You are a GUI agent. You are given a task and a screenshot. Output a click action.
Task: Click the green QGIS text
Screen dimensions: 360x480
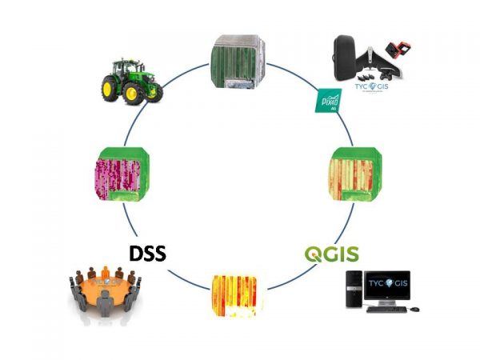tap(330, 255)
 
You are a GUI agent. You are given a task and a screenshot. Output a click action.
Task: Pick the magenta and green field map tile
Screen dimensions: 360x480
tap(118, 174)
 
